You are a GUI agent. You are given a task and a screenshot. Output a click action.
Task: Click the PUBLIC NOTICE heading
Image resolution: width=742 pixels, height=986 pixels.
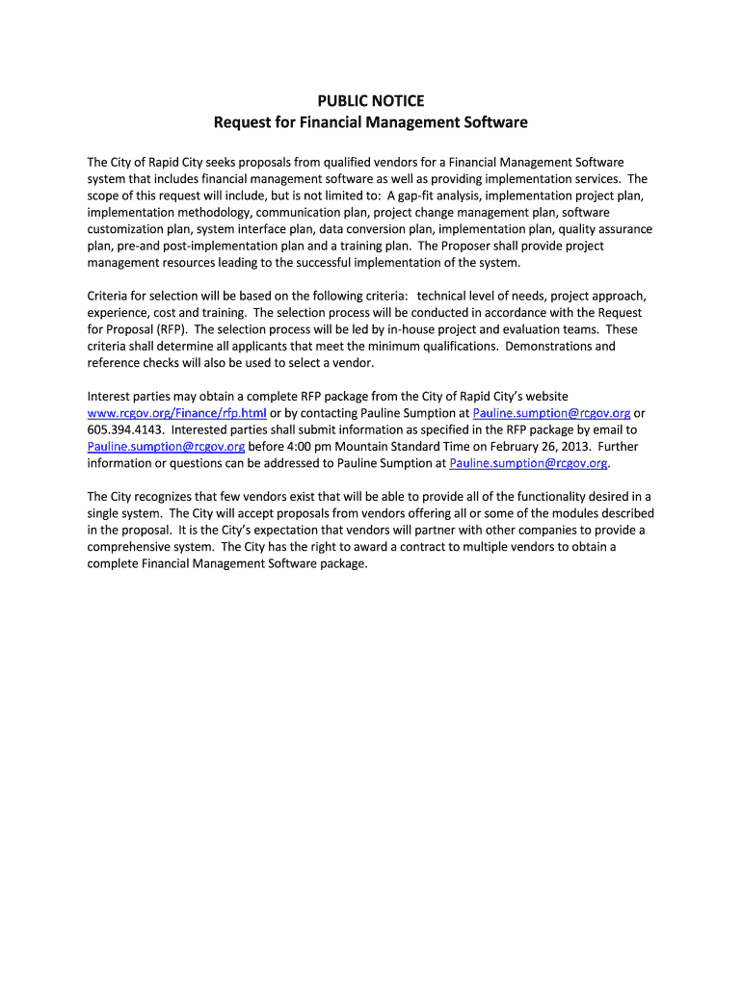coord(371,101)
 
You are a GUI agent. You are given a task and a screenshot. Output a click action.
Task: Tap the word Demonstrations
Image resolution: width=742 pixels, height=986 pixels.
coord(551,346)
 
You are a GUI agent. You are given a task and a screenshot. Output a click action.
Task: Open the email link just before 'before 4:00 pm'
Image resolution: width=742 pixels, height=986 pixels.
coord(166,447)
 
